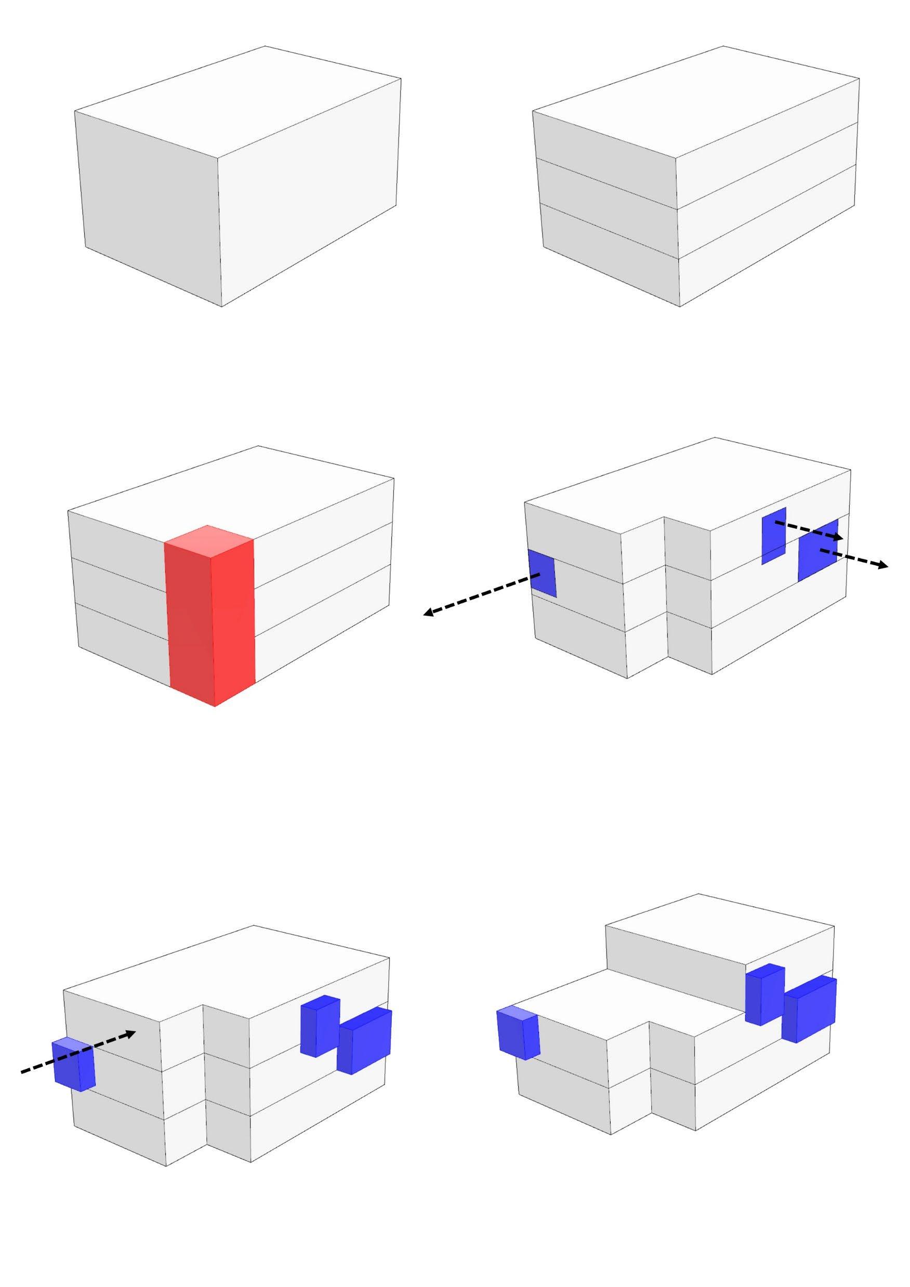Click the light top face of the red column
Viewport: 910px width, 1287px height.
tap(208, 541)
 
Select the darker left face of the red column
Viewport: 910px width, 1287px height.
tap(190, 622)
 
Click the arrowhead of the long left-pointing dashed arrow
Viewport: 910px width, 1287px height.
tap(428, 614)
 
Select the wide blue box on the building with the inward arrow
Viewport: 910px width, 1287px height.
tap(364, 1040)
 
